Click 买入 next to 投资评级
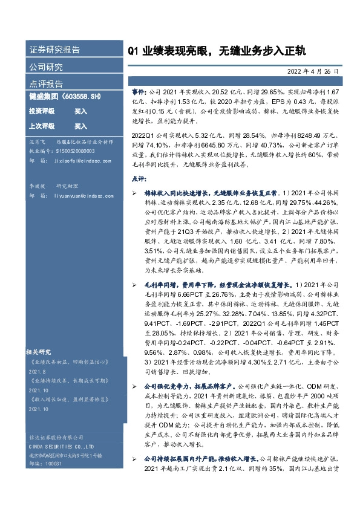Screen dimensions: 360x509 [81, 111]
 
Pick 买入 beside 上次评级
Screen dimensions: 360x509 [81, 126]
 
